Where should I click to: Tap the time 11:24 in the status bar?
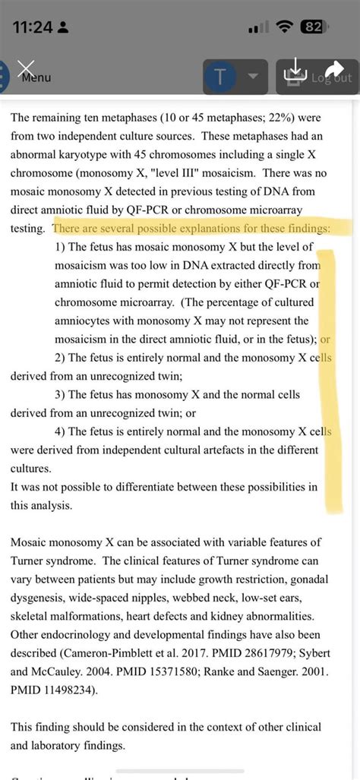[32, 27]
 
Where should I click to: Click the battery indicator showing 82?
[312, 27]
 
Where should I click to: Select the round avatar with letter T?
[220, 77]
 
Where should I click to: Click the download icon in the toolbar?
[295, 73]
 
